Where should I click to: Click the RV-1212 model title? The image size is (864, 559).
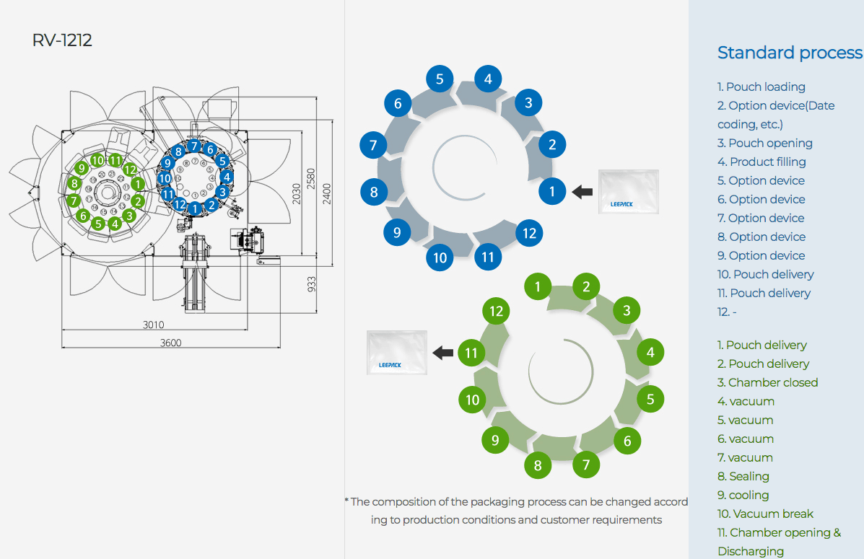click(62, 40)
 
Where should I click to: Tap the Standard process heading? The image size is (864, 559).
click(790, 53)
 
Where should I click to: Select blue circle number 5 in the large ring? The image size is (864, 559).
click(440, 79)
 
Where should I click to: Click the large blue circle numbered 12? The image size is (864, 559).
click(530, 233)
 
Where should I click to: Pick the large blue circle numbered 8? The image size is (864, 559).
click(374, 192)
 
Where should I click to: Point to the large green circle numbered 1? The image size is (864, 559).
click(538, 287)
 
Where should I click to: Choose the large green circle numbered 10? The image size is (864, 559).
click(473, 400)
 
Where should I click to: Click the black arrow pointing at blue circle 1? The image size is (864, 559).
click(582, 192)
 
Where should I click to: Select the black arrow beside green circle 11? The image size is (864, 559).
click(442, 353)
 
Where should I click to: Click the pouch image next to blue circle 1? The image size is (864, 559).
click(629, 192)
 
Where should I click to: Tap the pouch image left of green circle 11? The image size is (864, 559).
click(396, 353)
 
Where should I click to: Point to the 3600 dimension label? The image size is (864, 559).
click(170, 342)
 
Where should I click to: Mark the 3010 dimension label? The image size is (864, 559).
click(153, 325)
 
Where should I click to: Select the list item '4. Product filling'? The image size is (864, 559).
click(762, 162)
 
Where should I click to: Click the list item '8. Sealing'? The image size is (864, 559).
click(743, 476)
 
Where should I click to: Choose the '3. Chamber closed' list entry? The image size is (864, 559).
click(767, 382)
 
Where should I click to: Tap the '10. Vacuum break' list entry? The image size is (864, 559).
click(765, 514)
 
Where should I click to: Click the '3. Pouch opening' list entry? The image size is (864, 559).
click(764, 143)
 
